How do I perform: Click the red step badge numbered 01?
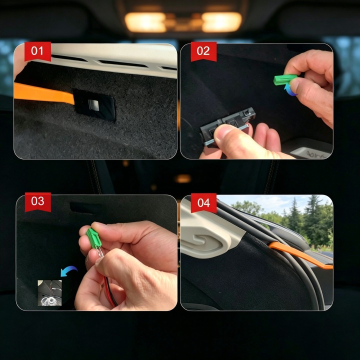(x=37, y=51)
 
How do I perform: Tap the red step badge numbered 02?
(x=203, y=51)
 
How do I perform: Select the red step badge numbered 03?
(x=38, y=202)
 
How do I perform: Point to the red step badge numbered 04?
(x=203, y=203)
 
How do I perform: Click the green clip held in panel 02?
(x=285, y=79)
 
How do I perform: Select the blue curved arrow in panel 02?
(x=289, y=90)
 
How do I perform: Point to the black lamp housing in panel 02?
(x=227, y=126)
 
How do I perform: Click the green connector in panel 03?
(x=93, y=238)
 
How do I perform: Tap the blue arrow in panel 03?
(x=68, y=271)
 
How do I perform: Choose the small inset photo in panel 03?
(x=49, y=292)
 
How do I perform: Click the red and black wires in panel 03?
(x=109, y=291)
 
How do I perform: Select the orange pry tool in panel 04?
(x=301, y=255)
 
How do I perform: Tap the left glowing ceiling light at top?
(x=145, y=22)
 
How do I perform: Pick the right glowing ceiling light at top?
(x=221, y=22)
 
